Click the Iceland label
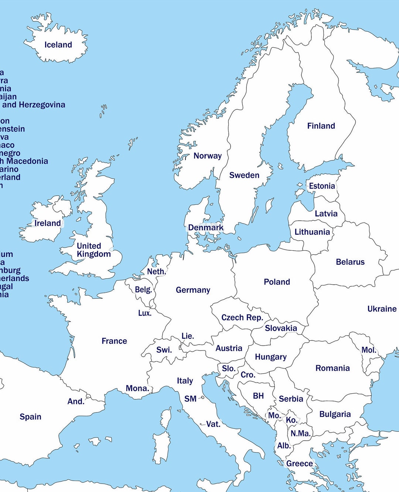[x=58, y=45]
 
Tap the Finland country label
[x=321, y=126]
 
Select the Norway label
[x=207, y=156]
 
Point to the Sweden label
[x=244, y=175]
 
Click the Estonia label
[x=322, y=186]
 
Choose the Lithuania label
[x=312, y=232]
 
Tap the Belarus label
[x=350, y=262]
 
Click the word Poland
[x=277, y=282]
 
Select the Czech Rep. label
[x=242, y=318]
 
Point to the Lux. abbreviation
[x=144, y=313]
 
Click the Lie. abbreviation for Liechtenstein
[x=188, y=336]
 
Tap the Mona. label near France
[x=137, y=388]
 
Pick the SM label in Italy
[x=190, y=399]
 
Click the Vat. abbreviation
[x=213, y=424]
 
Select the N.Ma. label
[x=300, y=434]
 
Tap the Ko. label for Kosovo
[x=291, y=420]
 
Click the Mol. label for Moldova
[x=369, y=350]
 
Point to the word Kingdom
[x=93, y=254]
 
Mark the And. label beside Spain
[x=76, y=401]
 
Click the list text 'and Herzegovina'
[x=33, y=105]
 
